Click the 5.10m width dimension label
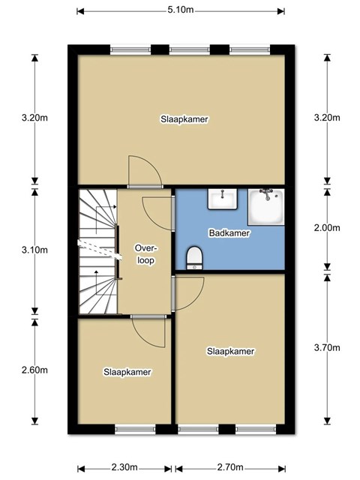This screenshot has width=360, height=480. pyautogui.click(x=180, y=10)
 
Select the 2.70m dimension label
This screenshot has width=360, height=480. pyautogui.click(x=230, y=467)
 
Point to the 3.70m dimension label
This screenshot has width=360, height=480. pyautogui.click(x=327, y=348)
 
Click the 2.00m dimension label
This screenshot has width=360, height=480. pyautogui.click(x=327, y=228)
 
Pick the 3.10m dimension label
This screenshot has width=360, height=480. pyautogui.click(x=34, y=250)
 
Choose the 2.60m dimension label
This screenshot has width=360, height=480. pyautogui.click(x=34, y=370)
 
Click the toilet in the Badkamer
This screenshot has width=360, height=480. pyautogui.click(x=194, y=258)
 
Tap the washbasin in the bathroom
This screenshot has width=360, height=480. pyautogui.click(x=223, y=199)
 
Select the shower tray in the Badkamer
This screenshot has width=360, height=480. pyautogui.click(x=266, y=207)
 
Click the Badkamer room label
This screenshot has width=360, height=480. pyautogui.click(x=229, y=233)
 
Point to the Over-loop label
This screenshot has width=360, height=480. pyautogui.click(x=145, y=254)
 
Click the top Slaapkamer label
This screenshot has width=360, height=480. pyautogui.click(x=184, y=119)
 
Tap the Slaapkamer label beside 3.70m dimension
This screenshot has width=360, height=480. pyautogui.click(x=230, y=351)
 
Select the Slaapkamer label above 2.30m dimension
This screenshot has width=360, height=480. pyautogui.click(x=127, y=372)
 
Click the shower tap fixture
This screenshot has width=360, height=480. pyautogui.click(x=267, y=193)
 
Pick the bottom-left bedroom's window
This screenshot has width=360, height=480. pyautogui.click(x=135, y=429)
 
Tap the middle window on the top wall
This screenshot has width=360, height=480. pyautogui.click(x=190, y=49)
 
